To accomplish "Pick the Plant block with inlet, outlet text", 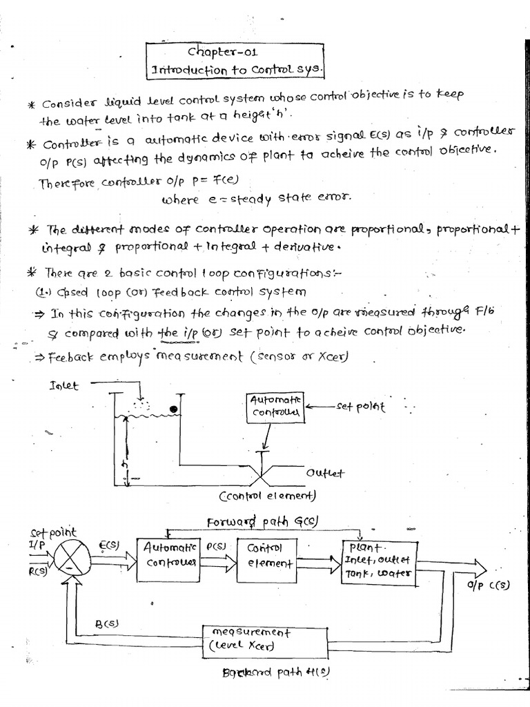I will (x=379, y=561).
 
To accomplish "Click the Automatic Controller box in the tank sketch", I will (x=274, y=407).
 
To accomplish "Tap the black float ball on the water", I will (x=175, y=410).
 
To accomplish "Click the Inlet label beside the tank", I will (x=64, y=386).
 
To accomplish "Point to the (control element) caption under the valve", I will (x=267, y=496).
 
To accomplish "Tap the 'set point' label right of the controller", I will (x=360, y=407).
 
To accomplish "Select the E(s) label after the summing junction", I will (x=109, y=545).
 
